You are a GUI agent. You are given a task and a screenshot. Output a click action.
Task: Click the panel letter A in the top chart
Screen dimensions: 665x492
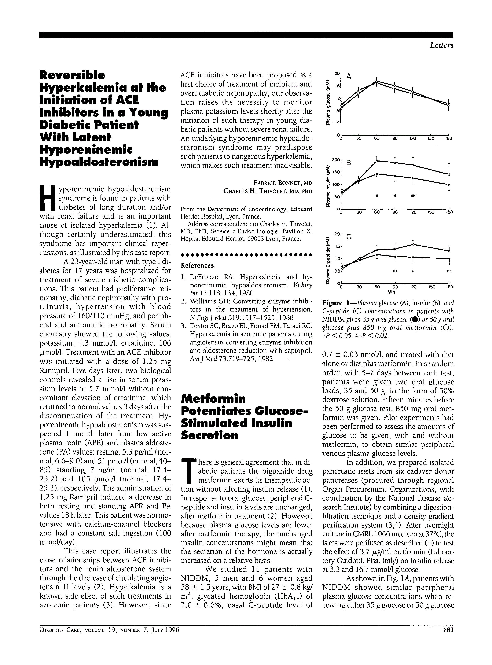[x=349, y=77]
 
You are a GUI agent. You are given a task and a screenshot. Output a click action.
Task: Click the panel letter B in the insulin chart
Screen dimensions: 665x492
[x=349, y=163]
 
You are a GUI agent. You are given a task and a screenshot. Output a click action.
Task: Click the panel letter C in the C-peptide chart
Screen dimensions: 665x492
[x=349, y=237]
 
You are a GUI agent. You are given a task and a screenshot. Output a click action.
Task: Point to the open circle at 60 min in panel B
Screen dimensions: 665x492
[x=377, y=161]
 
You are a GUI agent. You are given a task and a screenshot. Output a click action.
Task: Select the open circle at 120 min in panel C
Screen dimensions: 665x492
[x=413, y=244]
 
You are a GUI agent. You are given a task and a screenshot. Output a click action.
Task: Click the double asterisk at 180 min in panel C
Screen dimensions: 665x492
[x=449, y=271]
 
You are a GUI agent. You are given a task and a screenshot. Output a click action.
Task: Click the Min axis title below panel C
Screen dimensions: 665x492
[x=395, y=292]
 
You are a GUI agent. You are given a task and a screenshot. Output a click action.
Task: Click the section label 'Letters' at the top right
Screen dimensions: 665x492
[x=441, y=45]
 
